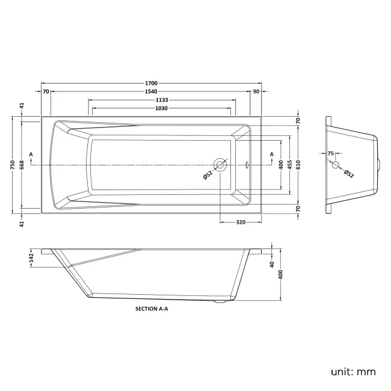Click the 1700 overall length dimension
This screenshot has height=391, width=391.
(x=152, y=83)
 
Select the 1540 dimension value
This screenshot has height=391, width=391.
(x=151, y=91)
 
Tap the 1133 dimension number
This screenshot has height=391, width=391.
(x=162, y=100)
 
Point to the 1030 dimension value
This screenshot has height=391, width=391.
(x=161, y=108)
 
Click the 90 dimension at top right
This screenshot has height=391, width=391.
(x=256, y=91)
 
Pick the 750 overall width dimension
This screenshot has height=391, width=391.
(x=13, y=165)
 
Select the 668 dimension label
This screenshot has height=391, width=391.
(x=22, y=165)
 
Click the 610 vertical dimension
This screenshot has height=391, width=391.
(x=298, y=165)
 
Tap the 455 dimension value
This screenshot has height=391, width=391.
(x=290, y=165)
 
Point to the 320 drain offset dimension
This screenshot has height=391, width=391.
(x=241, y=222)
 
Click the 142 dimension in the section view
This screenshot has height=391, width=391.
(x=31, y=258)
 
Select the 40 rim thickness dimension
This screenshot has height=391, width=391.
(x=272, y=264)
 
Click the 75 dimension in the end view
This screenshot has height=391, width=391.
(x=331, y=153)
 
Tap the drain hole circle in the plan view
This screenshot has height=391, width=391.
(x=220, y=165)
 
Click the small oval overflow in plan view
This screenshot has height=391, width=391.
(x=247, y=165)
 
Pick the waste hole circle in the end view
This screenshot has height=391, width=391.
(x=336, y=165)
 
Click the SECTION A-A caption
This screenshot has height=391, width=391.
(x=152, y=309)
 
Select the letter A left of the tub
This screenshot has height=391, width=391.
(x=31, y=155)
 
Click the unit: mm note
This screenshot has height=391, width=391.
(x=353, y=372)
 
